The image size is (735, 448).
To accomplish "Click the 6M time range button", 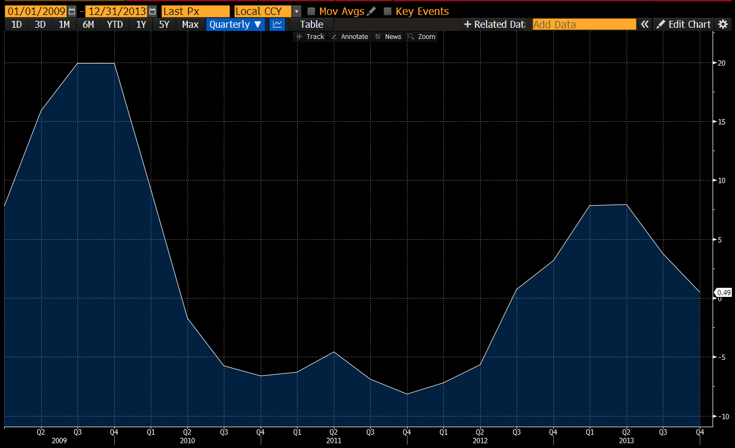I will pyautogui.click(x=88, y=25).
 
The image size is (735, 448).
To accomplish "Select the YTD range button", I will pyautogui.click(x=114, y=25).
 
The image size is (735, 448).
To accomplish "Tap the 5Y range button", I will pyautogui.click(x=164, y=25).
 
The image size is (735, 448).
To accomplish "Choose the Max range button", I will pyautogui.click(x=190, y=25).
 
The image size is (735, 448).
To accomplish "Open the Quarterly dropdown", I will pyautogui.click(x=235, y=25).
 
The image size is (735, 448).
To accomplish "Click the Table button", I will pyautogui.click(x=311, y=25).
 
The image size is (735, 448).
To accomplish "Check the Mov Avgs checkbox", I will pyautogui.click(x=311, y=11).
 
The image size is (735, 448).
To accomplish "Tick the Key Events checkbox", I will pyautogui.click(x=388, y=11).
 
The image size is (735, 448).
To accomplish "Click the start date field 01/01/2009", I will pyautogui.click(x=35, y=11).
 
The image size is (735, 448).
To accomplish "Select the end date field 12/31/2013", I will pyautogui.click(x=116, y=11).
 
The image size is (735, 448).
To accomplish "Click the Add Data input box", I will pyautogui.click(x=584, y=25).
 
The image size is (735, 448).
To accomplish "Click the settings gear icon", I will pyautogui.click(x=723, y=25).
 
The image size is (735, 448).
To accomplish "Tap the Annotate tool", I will pyautogui.click(x=350, y=37).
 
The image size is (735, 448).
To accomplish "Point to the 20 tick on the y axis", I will pyautogui.click(x=721, y=63).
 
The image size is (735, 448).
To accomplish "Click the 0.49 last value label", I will pyautogui.click(x=724, y=293).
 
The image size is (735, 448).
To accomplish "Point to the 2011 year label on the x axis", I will pyautogui.click(x=333, y=441).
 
